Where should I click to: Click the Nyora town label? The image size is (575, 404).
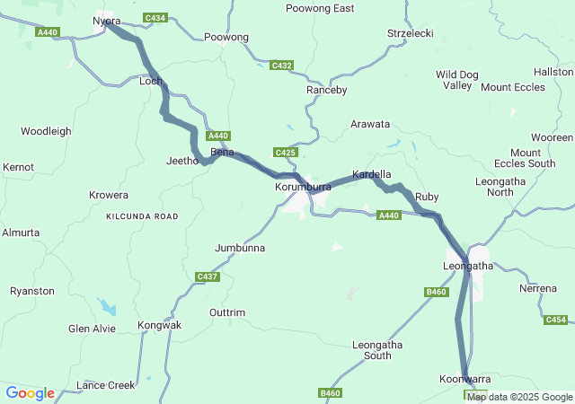(106, 21)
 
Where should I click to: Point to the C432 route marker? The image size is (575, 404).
(282, 66)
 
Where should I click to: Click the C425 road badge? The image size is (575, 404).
(286, 153)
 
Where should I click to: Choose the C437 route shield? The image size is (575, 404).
(207, 277)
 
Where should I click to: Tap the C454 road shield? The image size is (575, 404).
(556, 320)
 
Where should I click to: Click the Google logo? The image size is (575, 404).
(30, 393)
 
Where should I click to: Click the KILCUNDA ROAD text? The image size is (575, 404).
(142, 216)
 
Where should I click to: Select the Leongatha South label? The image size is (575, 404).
(377, 350)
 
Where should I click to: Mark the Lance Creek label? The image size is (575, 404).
(105, 385)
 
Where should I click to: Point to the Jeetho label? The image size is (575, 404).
(181, 161)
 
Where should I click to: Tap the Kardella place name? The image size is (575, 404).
(371, 173)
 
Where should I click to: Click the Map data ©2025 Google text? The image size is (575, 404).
(519, 397)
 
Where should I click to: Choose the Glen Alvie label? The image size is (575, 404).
(92, 329)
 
